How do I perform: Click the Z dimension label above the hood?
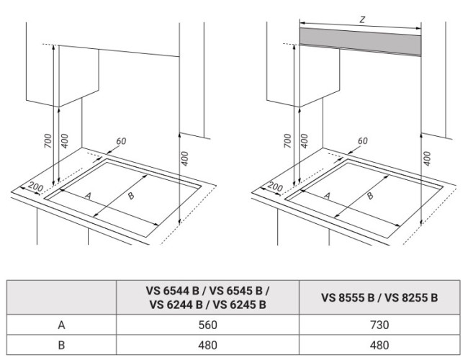pos(362,19)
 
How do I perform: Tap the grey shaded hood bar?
pos(360,41)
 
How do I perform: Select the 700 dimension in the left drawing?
pos(48,141)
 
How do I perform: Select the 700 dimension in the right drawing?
pos(287,141)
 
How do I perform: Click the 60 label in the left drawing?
pos(121,141)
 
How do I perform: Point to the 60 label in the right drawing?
pos(362,141)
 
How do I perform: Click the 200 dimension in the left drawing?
pos(36,187)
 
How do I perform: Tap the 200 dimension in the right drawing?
pos(275,187)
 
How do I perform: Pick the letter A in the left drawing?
pos(88,196)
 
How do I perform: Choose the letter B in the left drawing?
pos(131,196)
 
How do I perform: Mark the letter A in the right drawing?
pos(328,196)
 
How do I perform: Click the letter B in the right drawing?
pos(370,196)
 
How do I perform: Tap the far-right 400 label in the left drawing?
pos(185,159)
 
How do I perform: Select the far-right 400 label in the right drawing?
pos(428,159)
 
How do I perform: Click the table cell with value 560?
pos(208,325)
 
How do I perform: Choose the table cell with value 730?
pos(379,325)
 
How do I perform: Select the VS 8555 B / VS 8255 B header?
pos(379,297)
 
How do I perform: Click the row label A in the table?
pos(61,325)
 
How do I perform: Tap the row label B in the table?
pos(61,345)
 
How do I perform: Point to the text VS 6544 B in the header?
pos(173,290)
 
